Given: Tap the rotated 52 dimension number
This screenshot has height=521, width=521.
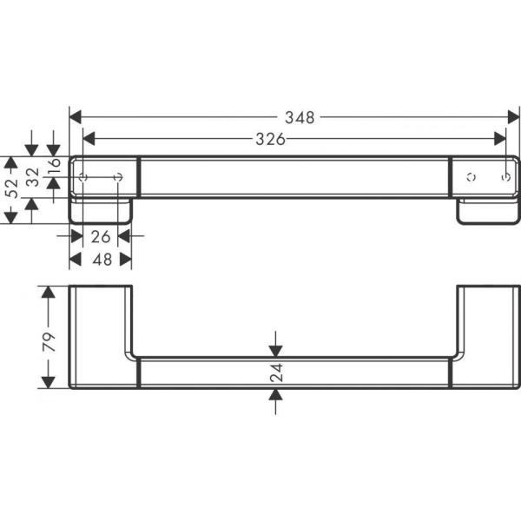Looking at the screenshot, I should (10, 190).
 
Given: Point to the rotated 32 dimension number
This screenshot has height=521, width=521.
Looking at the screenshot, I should (32, 178).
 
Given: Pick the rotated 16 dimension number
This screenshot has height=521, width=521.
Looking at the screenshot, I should (54, 166).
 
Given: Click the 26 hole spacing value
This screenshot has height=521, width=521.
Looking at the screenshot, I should (102, 235).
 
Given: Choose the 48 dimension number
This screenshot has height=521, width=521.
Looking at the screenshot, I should (102, 259).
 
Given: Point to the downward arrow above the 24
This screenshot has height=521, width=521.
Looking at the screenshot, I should (276, 348).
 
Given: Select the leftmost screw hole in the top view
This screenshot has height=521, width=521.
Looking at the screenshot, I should (83, 177).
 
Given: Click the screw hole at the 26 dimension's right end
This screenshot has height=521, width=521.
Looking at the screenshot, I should (119, 177).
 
